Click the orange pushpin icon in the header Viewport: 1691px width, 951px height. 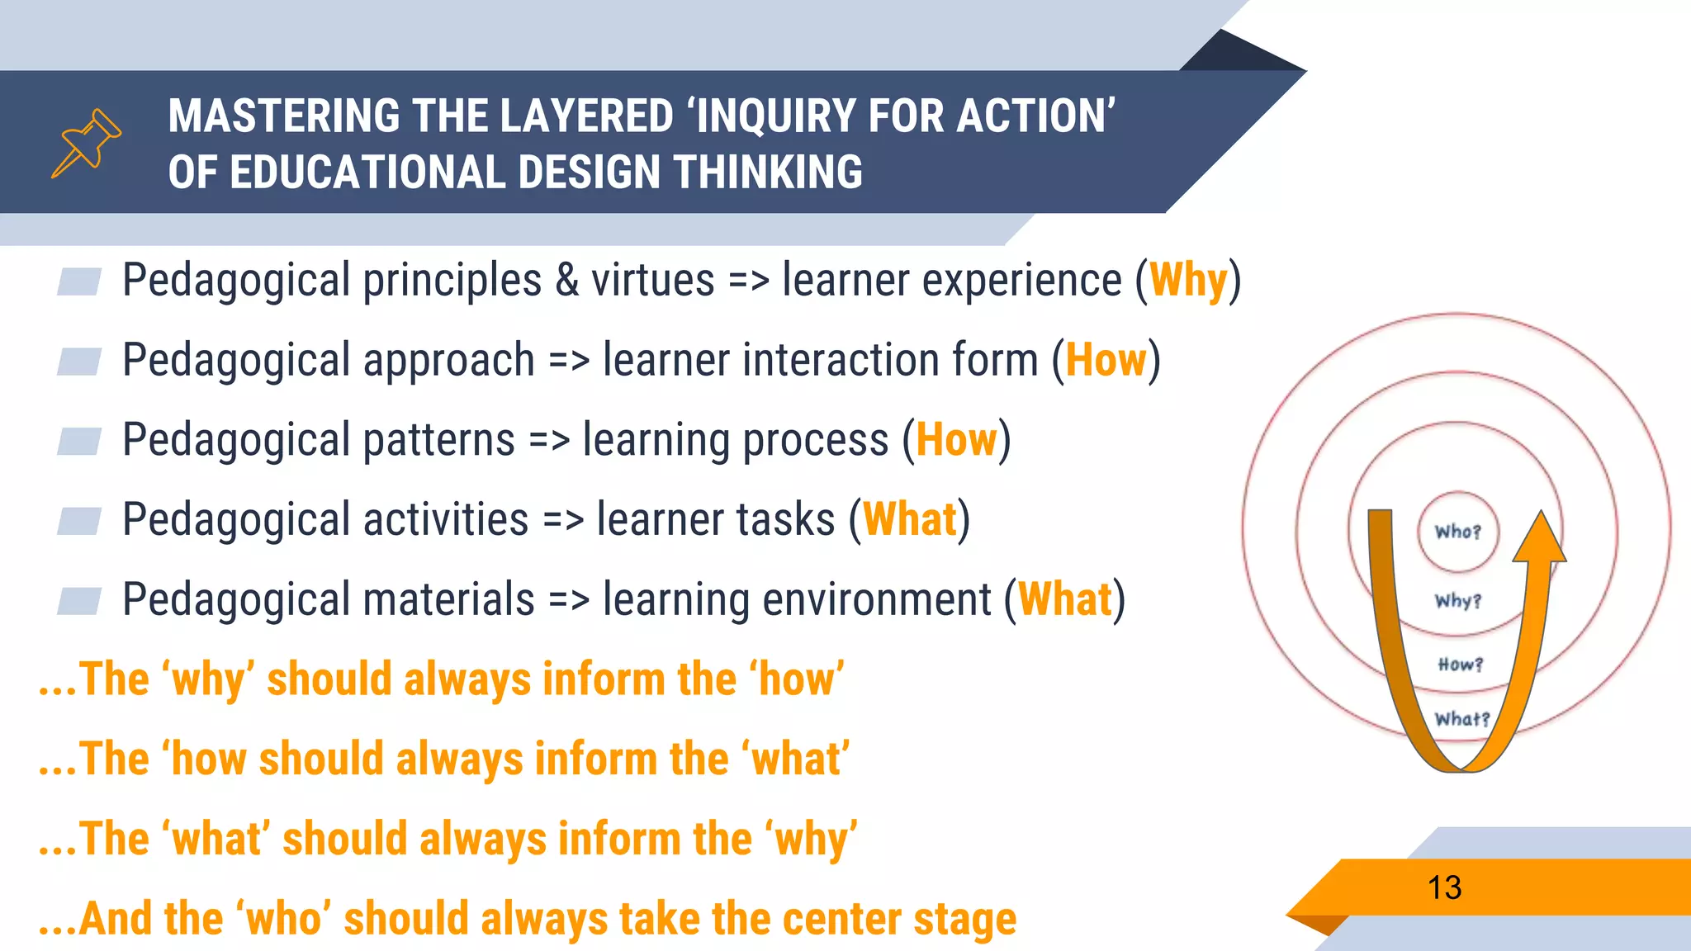(x=87, y=143)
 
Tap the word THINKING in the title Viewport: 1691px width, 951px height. (x=768, y=173)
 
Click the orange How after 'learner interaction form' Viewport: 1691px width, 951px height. (x=1106, y=360)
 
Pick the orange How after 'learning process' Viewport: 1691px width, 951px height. (x=956, y=439)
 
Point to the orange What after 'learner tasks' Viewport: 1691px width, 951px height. (x=909, y=519)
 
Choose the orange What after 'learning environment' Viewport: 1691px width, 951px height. (x=1065, y=599)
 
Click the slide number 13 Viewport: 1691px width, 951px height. (x=1444, y=888)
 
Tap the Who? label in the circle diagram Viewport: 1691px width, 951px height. (x=1457, y=532)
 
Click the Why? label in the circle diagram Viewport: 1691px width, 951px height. (x=1457, y=601)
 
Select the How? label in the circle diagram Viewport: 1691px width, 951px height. (x=1460, y=665)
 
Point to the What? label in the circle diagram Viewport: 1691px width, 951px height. (x=1461, y=719)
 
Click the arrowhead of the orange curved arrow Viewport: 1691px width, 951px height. (x=1540, y=537)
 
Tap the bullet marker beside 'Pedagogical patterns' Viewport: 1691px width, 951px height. (x=79, y=441)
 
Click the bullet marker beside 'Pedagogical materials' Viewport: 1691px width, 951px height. (x=79, y=601)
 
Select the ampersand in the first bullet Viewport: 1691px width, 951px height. (x=566, y=280)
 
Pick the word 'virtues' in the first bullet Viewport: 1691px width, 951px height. (x=652, y=280)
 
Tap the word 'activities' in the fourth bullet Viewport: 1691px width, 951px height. (x=446, y=519)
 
